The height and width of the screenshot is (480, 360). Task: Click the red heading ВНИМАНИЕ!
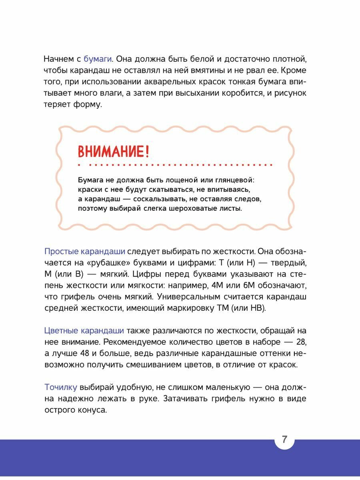pyautogui.click(x=114, y=152)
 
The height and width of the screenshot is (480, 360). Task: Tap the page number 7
pyautogui.click(x=284, y=440)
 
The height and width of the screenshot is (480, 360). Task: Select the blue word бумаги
pyautogui.click(x=98, y=59)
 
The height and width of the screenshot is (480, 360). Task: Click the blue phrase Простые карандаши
pyautogui.click(x=85, y=251)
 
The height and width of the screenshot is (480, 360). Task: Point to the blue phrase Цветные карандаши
pyautogui.click(x=84, y=330)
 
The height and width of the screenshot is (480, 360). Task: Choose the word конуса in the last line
pyautogui.click(x=93, y=410)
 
